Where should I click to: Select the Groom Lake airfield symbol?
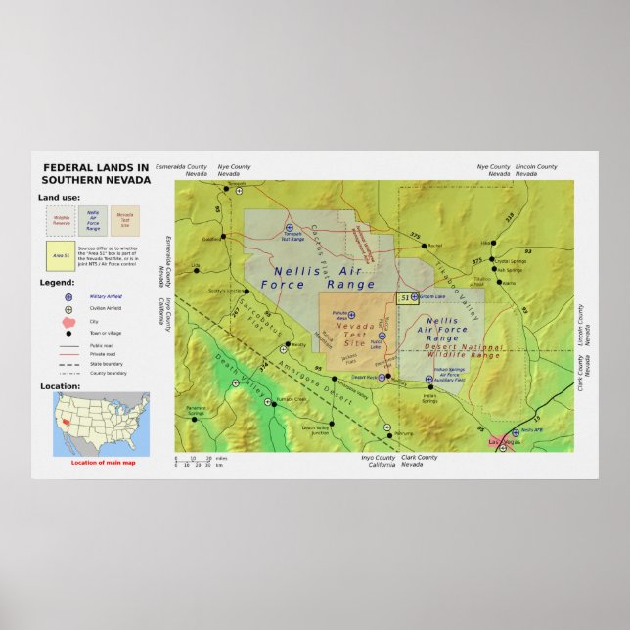(x=414, y=296)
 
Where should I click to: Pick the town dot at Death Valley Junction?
(x=332, y=424)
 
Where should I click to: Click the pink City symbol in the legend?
(x=67, y=322)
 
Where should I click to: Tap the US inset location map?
(x=101, y=424)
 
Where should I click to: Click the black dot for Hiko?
(x=493, y=243)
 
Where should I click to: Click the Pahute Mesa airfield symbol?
(x=351, y=315)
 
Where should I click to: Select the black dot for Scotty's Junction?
(x=245, y=291)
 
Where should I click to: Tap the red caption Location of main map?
(x=103, y=462)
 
